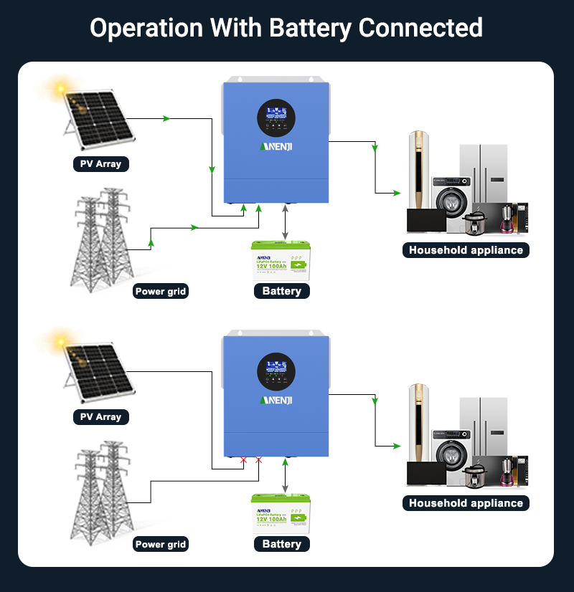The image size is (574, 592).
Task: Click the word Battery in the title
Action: (309, 28)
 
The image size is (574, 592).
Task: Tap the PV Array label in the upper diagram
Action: (100, 164)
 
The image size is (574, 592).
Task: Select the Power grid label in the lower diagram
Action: (161, 545)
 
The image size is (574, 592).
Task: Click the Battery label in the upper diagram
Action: (282, 291)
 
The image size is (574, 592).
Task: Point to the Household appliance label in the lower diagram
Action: (466, 503)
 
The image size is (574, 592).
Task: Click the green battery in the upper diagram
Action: (281, 260)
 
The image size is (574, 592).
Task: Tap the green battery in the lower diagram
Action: (281, 513)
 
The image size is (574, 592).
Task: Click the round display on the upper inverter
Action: (276, 118)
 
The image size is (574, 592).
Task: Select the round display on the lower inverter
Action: (276, 371)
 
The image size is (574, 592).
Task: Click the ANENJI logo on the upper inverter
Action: (276, 147)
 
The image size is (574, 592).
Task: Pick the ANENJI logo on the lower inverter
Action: (276, 400)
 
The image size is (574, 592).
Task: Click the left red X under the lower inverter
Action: (244, 459)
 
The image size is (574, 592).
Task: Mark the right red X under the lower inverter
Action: (259, 459)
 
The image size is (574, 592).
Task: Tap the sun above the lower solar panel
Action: (59, 339)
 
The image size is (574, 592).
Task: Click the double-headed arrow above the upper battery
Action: (286, 221)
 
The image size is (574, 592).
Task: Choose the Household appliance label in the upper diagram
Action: (466, 250)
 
